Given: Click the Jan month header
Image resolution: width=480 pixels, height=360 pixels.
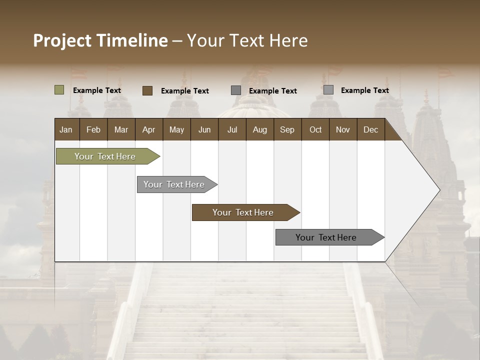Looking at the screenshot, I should [x=66, y=129].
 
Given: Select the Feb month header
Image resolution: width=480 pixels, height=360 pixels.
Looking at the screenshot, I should [x=93, y=129].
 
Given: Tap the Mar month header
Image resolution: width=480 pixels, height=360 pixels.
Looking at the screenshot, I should [x=121, y=129].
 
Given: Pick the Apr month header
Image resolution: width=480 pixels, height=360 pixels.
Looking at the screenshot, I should [x=149, y=129].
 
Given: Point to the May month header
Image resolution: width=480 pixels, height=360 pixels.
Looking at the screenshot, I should [x=176, y=129].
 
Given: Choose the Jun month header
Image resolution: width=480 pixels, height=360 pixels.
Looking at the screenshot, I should [x=204, y=129].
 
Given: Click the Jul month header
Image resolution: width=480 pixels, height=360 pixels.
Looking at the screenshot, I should [x=232, y=129].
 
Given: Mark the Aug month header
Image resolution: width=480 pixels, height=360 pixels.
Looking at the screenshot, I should [x=260, y=129].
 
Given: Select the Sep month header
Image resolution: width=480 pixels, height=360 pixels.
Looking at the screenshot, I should [x=287, y=129].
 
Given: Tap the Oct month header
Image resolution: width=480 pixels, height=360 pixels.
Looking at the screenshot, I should [x=315, y=129].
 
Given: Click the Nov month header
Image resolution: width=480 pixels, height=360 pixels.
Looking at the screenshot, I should [x=343, y=129].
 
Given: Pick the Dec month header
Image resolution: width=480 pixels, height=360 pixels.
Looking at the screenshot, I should [x=371, y=129].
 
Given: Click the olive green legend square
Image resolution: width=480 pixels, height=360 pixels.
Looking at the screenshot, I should [x=59, y=90].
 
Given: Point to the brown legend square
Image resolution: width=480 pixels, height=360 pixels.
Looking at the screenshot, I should [x=147, y=90].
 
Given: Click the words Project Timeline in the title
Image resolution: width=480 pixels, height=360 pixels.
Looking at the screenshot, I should [x=100, y=40].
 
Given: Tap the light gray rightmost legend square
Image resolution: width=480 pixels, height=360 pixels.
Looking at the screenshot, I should [x=328, y=90].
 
